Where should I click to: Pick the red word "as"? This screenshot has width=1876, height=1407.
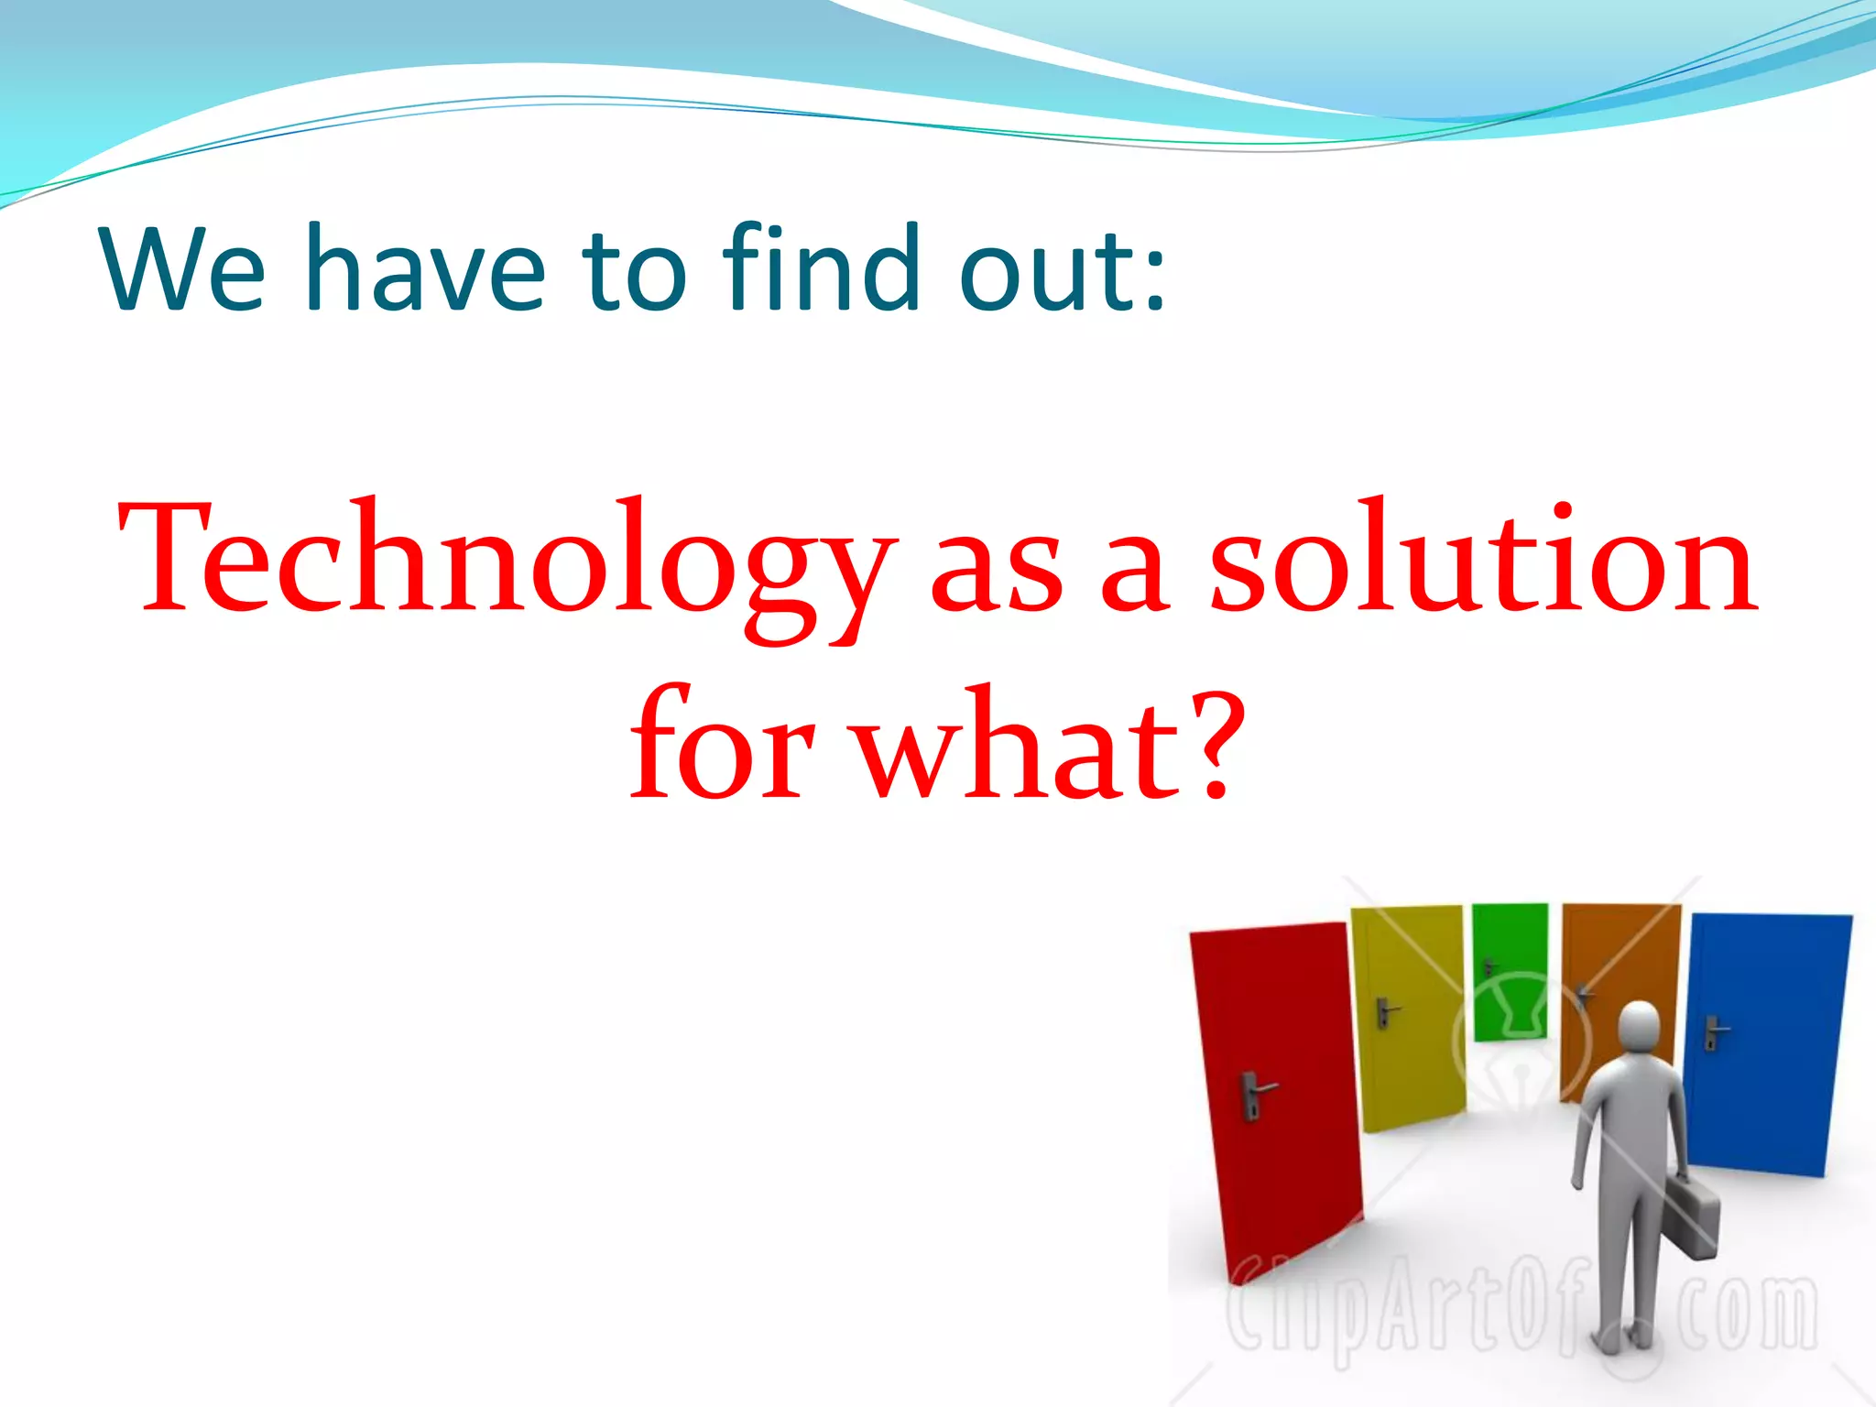(x=998, y=573)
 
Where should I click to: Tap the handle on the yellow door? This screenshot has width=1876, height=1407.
(x=1386, y=1011)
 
